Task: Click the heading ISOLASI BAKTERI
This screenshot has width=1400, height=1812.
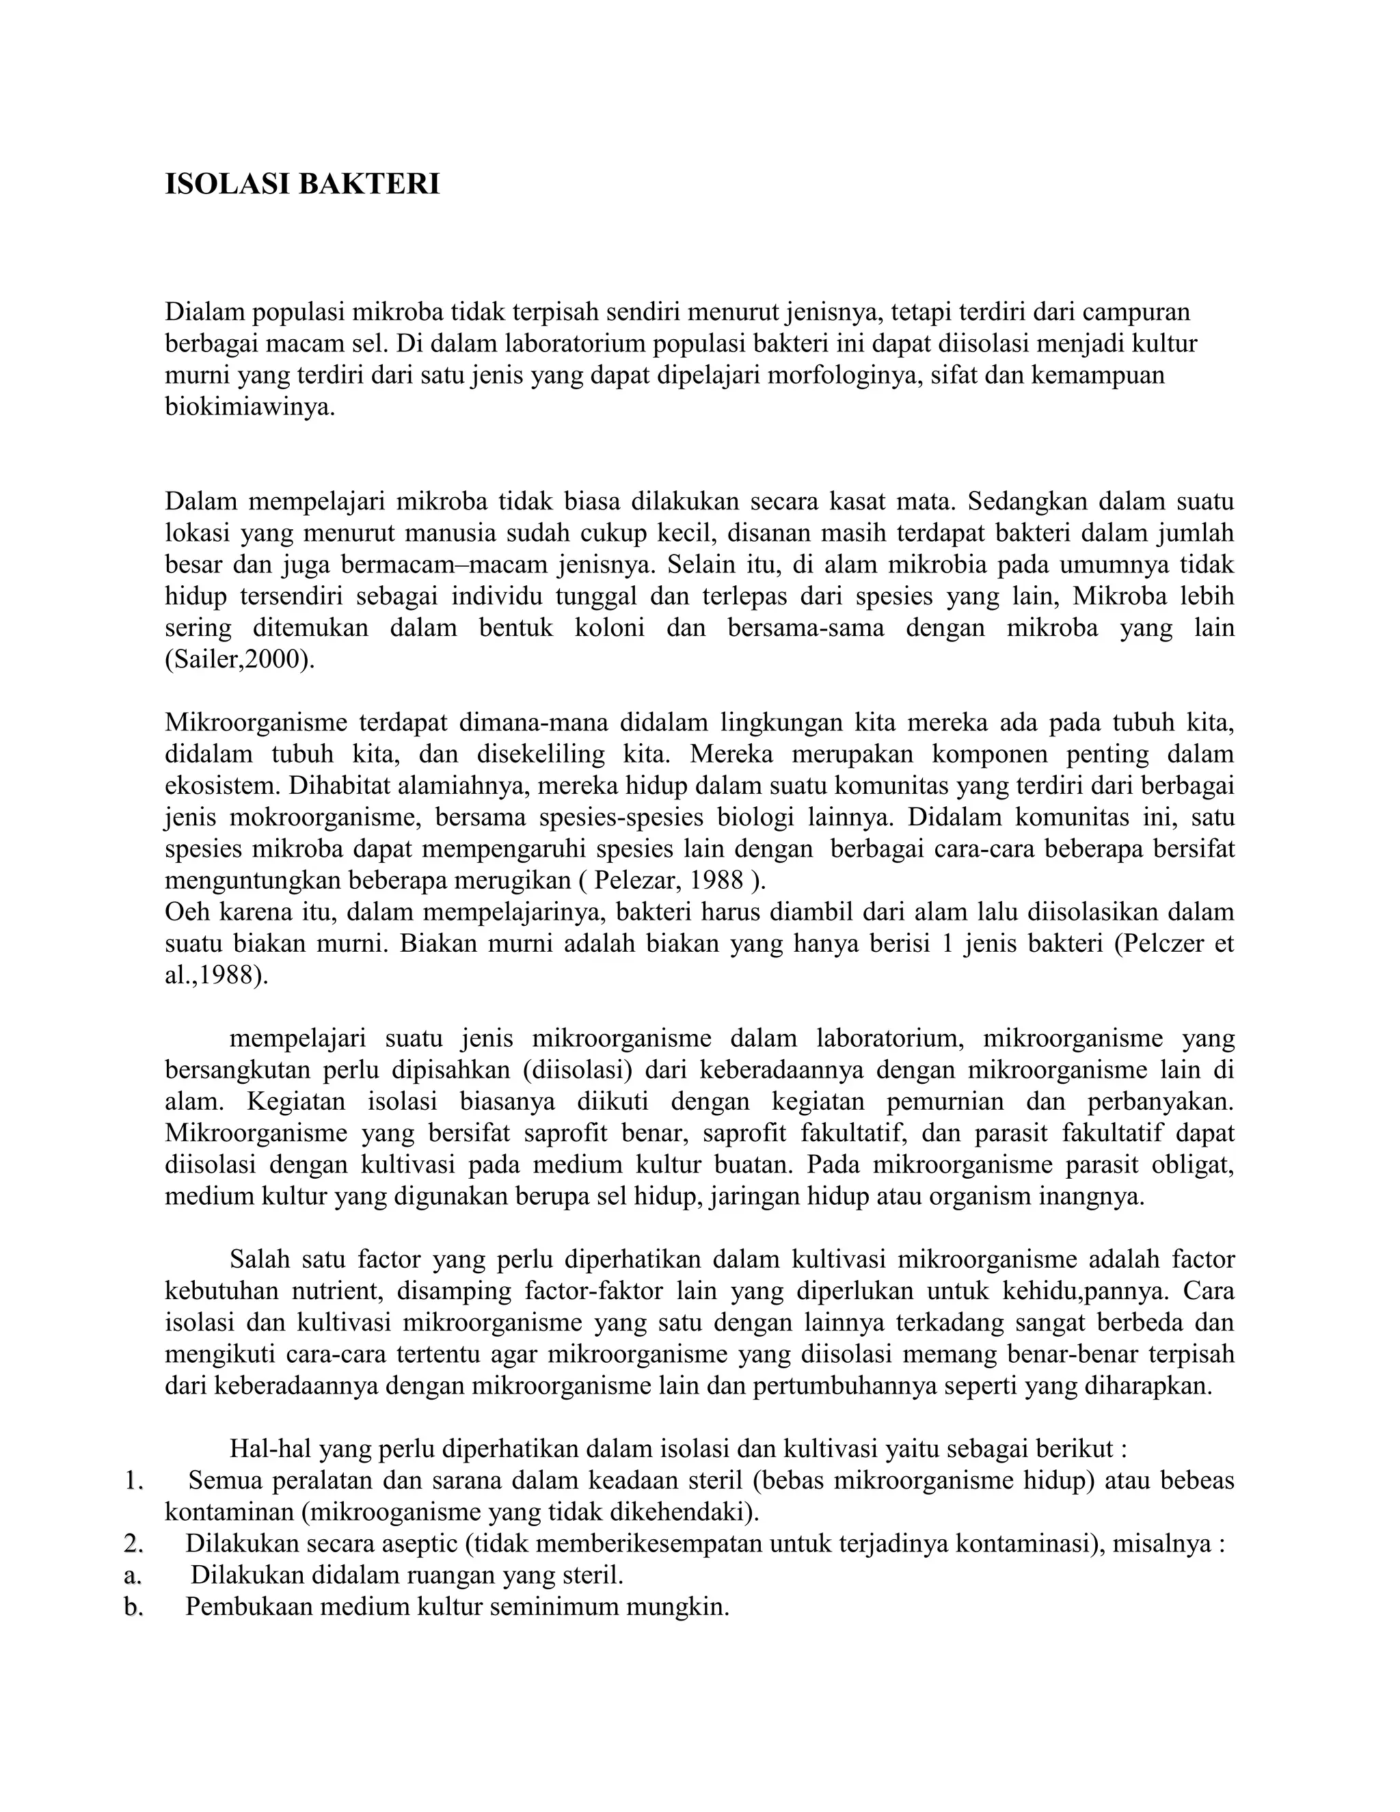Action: click(302, 184)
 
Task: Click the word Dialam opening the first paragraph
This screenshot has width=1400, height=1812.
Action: click(203, 312)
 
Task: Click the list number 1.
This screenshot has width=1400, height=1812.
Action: click(133, 1481)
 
